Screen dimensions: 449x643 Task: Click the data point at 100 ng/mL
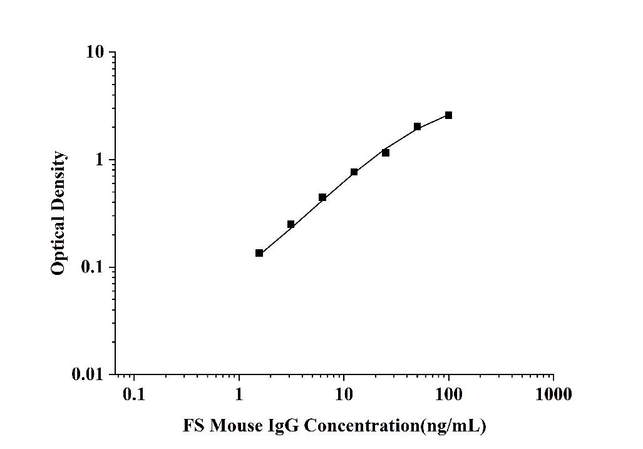tap(448, 115)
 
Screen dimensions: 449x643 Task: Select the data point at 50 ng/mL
tap(417, 126)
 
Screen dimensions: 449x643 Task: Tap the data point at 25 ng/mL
tap(386, 153)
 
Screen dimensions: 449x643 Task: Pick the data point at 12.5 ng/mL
tap(354, 172)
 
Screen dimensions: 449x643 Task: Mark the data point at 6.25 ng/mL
tap(322, 197)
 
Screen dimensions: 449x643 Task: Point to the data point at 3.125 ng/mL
tap(291, 224)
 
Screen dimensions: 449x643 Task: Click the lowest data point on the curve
tap(259, 253)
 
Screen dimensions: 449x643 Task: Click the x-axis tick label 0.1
tap(133, 395)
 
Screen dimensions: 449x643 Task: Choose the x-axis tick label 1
tap(239, 395)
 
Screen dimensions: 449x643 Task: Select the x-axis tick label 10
tap(343, 395)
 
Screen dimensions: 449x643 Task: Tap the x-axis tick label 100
tap(448, 395)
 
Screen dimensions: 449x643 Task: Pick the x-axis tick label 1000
tap(553, 395)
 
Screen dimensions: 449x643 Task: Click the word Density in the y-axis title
tap(58, 181)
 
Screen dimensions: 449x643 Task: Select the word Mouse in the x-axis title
tap(237, 426)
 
